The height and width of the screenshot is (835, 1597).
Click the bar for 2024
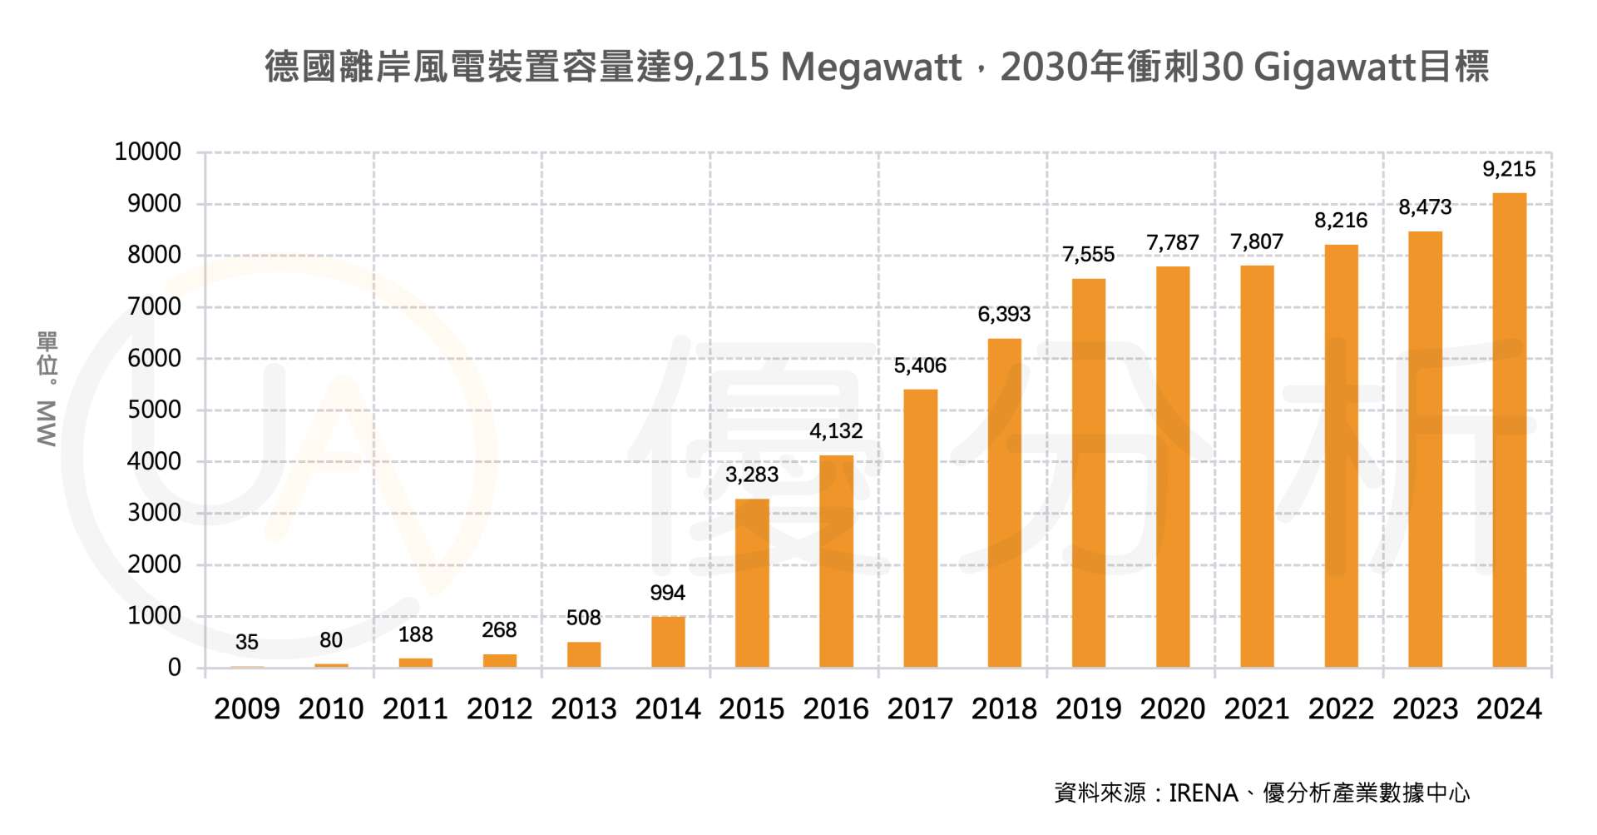click(x=1509, y=430)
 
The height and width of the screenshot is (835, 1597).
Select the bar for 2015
click(x=752, y=583)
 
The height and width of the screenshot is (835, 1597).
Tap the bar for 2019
click(x=1088, y=473)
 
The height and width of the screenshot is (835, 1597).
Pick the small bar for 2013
click(x=584, y=654)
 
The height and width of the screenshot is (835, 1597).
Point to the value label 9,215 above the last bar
click(x=1509, y=169)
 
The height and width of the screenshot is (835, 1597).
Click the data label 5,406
click(x=920, y=365)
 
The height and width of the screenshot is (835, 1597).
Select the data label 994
click(x=667, y=593)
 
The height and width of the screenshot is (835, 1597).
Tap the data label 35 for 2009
click(x=247, y=642)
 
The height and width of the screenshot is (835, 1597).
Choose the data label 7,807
click(x=1257, y=241)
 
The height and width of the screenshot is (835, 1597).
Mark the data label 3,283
click(x=752, y=475)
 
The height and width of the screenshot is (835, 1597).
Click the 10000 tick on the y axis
click(x=148, y=152)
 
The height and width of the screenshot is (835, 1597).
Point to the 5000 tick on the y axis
click(x=154, y=410)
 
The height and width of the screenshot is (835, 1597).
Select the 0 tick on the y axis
click(x=175, y=668)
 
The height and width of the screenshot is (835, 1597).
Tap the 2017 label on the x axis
click(x=920, y=709)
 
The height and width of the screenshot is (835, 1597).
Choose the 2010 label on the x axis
click(x=331, y=709)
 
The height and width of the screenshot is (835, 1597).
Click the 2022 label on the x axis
click(x=1341, y=709)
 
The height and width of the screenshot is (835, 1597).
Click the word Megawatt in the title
click(x=871, y=67)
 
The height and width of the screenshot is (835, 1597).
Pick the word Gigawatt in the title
click(x=1334, y=67)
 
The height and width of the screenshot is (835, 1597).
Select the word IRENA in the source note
click(x=1203, y=793)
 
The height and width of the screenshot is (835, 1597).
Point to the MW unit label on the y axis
click(x=47, y=424)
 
